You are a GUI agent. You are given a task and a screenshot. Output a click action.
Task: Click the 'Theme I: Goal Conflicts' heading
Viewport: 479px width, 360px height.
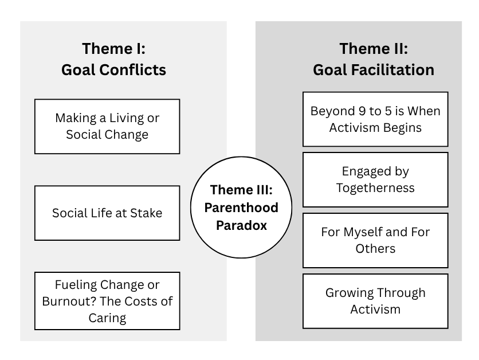tap(113, 59)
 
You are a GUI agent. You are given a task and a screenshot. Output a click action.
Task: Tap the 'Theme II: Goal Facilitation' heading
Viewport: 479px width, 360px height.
tap(374, 59)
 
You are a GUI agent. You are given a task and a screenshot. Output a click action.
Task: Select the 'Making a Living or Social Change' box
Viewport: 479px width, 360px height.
tap(107, 126)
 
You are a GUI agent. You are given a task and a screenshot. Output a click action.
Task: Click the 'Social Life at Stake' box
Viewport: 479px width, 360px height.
tap(107, 213)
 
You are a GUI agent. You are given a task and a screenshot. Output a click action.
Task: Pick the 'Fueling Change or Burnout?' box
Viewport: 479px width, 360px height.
tap(107, 301)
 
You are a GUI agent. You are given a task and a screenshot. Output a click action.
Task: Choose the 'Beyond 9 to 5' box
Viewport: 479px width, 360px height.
tap(375, 119)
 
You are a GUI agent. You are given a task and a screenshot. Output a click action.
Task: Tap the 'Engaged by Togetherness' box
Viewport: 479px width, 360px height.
tap(375, 179)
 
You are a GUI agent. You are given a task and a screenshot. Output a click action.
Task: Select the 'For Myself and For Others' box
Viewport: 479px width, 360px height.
tap(375, 241)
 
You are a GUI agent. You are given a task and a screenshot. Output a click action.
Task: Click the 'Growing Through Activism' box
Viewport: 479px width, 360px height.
tap(375, 301)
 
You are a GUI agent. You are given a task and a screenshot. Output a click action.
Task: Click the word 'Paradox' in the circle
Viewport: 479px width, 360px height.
tap(241, 225)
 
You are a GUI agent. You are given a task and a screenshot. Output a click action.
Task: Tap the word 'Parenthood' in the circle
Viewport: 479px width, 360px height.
tap(241, 208)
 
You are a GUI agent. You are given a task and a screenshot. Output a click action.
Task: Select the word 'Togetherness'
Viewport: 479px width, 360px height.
tap(375, 188)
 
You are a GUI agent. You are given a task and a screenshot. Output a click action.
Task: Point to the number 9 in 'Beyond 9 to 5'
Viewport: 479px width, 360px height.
tap(362, 111)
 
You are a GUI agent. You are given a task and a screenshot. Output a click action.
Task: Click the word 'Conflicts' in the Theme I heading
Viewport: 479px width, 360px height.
tap(132, 70)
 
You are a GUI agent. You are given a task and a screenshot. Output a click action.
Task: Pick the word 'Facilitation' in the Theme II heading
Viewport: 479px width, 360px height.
tap(392, 70)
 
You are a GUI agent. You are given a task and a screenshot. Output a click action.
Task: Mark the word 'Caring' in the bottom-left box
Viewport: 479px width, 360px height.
tap(107, 318)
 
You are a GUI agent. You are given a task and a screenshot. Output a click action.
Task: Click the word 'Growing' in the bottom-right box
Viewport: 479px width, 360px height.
tap(344, 293)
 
